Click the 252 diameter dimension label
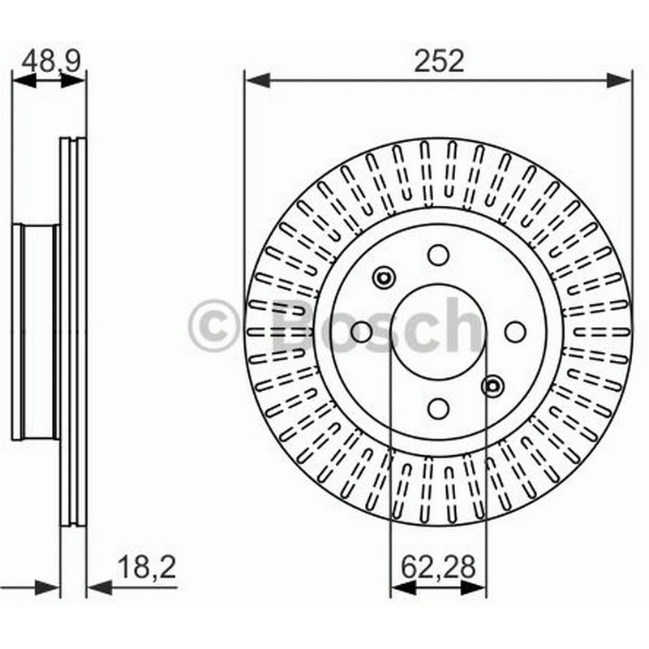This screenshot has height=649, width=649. [439, 62]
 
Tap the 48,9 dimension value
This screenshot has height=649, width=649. [51, 62]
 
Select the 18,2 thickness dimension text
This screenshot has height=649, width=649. [147, 567]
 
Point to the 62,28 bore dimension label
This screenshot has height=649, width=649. [438, 567]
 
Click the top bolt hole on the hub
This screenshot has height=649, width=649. [438, 255]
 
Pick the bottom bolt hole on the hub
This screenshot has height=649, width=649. [438, 409]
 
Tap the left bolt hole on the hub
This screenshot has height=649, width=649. [361, 332]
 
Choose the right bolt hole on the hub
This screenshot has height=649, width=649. [515, 332]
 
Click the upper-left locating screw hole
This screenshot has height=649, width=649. [384, 277]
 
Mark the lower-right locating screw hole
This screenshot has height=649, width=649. [492, 386]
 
